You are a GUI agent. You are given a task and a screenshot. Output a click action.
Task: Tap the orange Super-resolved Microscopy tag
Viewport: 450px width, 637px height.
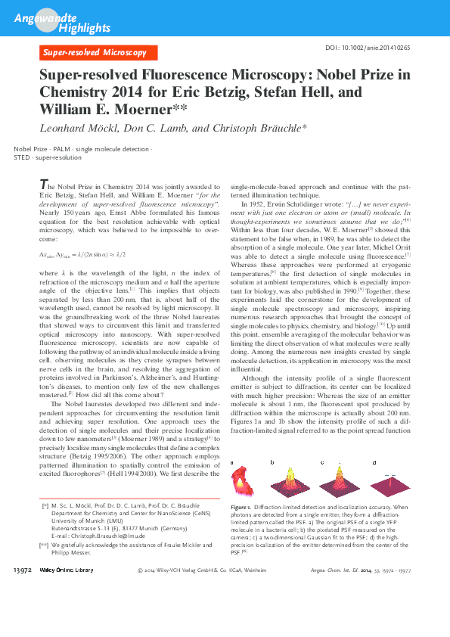click(x=95, y=53)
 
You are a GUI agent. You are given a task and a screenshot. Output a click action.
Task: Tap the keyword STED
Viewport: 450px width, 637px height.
click(x=21, y=159)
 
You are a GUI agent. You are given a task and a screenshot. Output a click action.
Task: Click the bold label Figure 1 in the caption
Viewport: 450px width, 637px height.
click(x=241, y=505)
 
